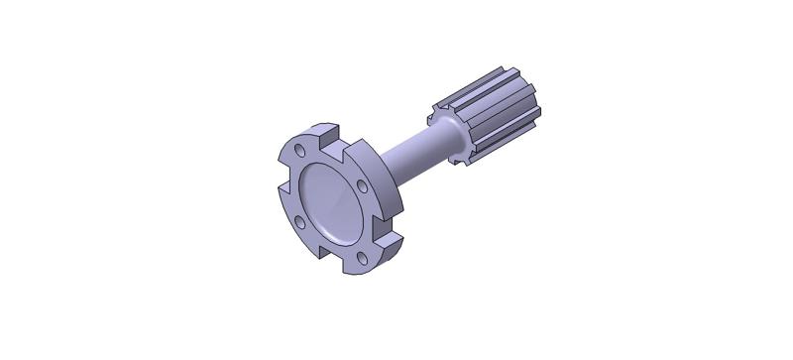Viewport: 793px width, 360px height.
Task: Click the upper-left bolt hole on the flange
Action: coord(300,151)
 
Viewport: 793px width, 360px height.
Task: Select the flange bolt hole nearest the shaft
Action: coord(363,185)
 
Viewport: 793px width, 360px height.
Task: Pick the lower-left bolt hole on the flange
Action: coord(294,223)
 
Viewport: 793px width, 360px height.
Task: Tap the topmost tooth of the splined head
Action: coord(486,77)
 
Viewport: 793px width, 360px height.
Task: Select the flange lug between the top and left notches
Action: coord(293,149)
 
